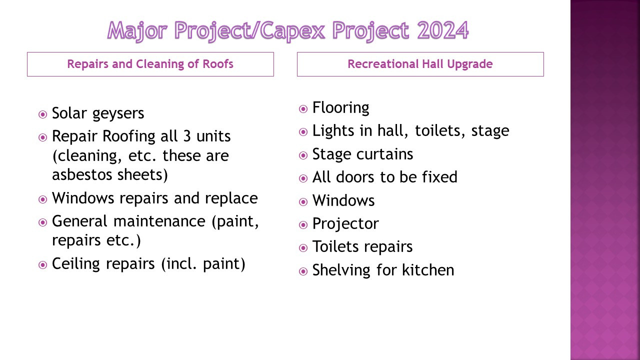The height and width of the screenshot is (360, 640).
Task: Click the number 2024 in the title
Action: [x=442, y=30]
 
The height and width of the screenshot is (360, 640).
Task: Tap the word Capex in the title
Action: [x=292, y=31]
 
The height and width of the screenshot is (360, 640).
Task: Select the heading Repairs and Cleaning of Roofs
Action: [x=150, y=64]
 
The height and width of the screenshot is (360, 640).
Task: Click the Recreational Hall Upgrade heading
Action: [x=420, y=64]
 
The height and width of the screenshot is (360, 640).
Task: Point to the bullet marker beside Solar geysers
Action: [x=42, y=114]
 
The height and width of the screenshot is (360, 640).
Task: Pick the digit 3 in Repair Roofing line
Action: [x=187, y=136]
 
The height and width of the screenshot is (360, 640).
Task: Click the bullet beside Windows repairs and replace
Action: [x=42, y=199]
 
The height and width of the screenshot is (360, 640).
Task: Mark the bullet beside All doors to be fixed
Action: [x=303, y=178]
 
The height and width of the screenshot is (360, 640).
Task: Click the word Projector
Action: [x=345, y=223]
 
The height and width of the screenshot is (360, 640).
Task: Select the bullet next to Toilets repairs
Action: [x=303, y=247]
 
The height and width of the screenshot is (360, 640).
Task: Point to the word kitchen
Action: [x=428, y=270]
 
